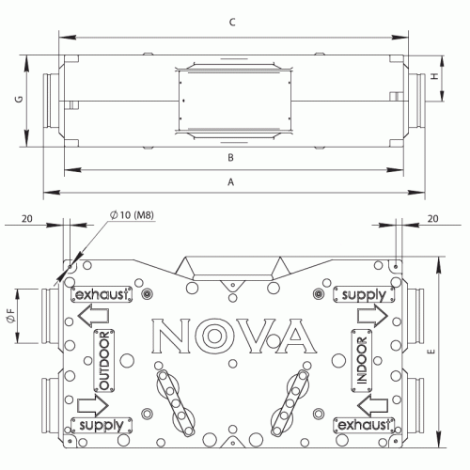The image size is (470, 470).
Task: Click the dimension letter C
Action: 231,23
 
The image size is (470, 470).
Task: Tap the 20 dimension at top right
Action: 433,218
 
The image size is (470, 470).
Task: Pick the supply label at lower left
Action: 102,426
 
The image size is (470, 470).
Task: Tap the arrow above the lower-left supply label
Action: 91,405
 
